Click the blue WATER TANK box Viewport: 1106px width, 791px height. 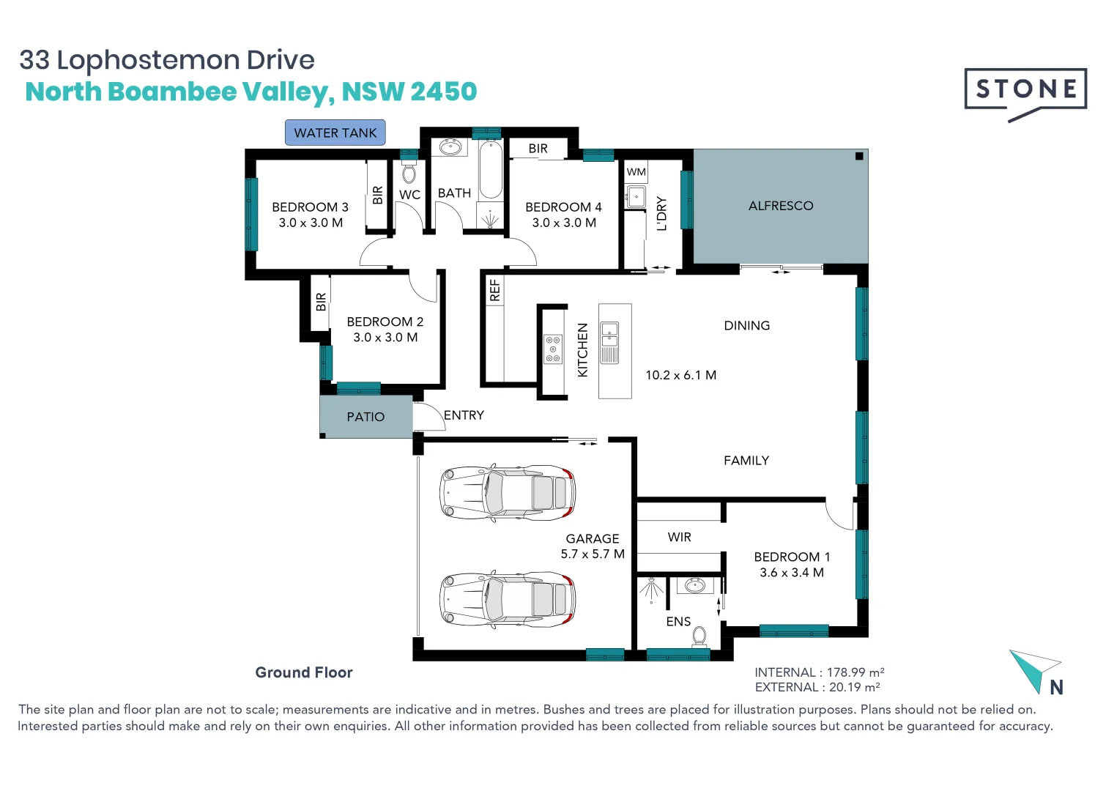coord(335,133)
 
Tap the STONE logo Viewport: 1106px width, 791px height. coord(1025,94)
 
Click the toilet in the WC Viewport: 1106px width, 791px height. coord(409,173)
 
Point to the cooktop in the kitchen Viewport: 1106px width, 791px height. coord(552,349)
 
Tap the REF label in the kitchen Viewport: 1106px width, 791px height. coord(494,290)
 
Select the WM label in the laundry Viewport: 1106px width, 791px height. coord(636,172)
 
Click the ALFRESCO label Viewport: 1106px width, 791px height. coord(781,205)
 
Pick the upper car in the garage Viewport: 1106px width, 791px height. coord(508,492)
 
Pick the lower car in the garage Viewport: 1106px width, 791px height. coord(508,599)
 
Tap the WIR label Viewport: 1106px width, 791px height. coord(680,537)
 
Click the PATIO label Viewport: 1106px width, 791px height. coord(365,417)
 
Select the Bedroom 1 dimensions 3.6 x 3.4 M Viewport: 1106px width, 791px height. coord(792,572)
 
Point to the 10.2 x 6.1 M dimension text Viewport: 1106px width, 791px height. coord(681,375)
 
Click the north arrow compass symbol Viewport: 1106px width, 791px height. coord(1036,672)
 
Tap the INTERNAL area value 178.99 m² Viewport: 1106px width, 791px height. coord(856,672)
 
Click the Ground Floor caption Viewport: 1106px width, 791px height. coord(304,672)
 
